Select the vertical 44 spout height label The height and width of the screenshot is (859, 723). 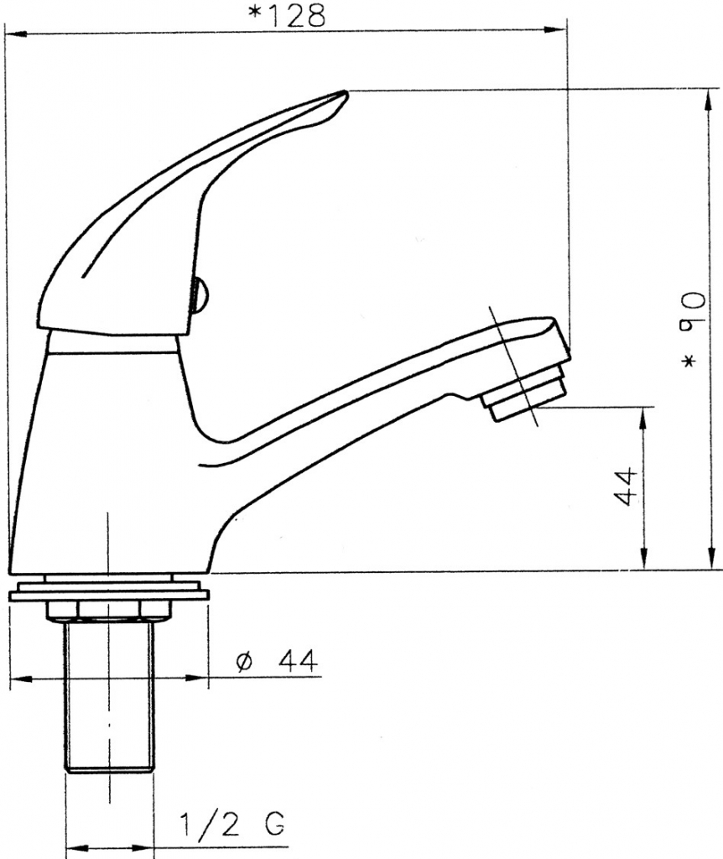[625, 487]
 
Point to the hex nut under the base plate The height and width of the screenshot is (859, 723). [109, 611]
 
